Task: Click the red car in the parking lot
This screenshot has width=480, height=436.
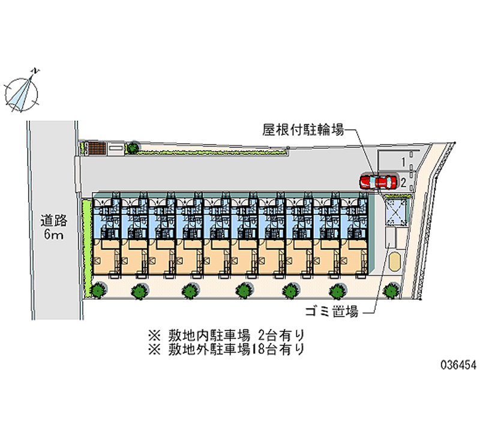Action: pyautogui.click(x=378, y=181)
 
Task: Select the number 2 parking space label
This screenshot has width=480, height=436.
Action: pyautogui.click(x=404, y=182)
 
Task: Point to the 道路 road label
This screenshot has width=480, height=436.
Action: pyautogui.click(x=53, y=220)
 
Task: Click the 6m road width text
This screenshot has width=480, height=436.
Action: pyautogui.click(x=53, y=234)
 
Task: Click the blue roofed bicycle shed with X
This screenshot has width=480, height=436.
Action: pyautogui.click(x=395, y=212)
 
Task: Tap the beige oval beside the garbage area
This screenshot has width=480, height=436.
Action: pyautogui.click(x=394, y=261)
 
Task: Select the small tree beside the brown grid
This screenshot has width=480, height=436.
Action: pyautogui.click(x=133, y=146)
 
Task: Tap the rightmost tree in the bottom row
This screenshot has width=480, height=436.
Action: pyautogui.click(x=391, y=290)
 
